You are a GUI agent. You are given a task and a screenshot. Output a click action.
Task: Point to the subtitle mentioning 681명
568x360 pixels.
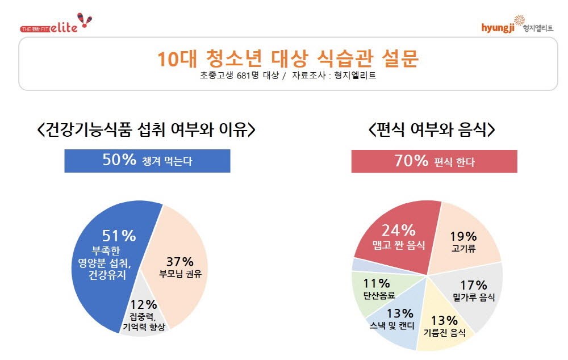coord(288,76)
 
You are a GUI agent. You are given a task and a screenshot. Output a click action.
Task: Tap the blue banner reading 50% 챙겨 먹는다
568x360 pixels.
coord(147,161)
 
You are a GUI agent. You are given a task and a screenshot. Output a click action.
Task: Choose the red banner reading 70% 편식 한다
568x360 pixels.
coord(434,161)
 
